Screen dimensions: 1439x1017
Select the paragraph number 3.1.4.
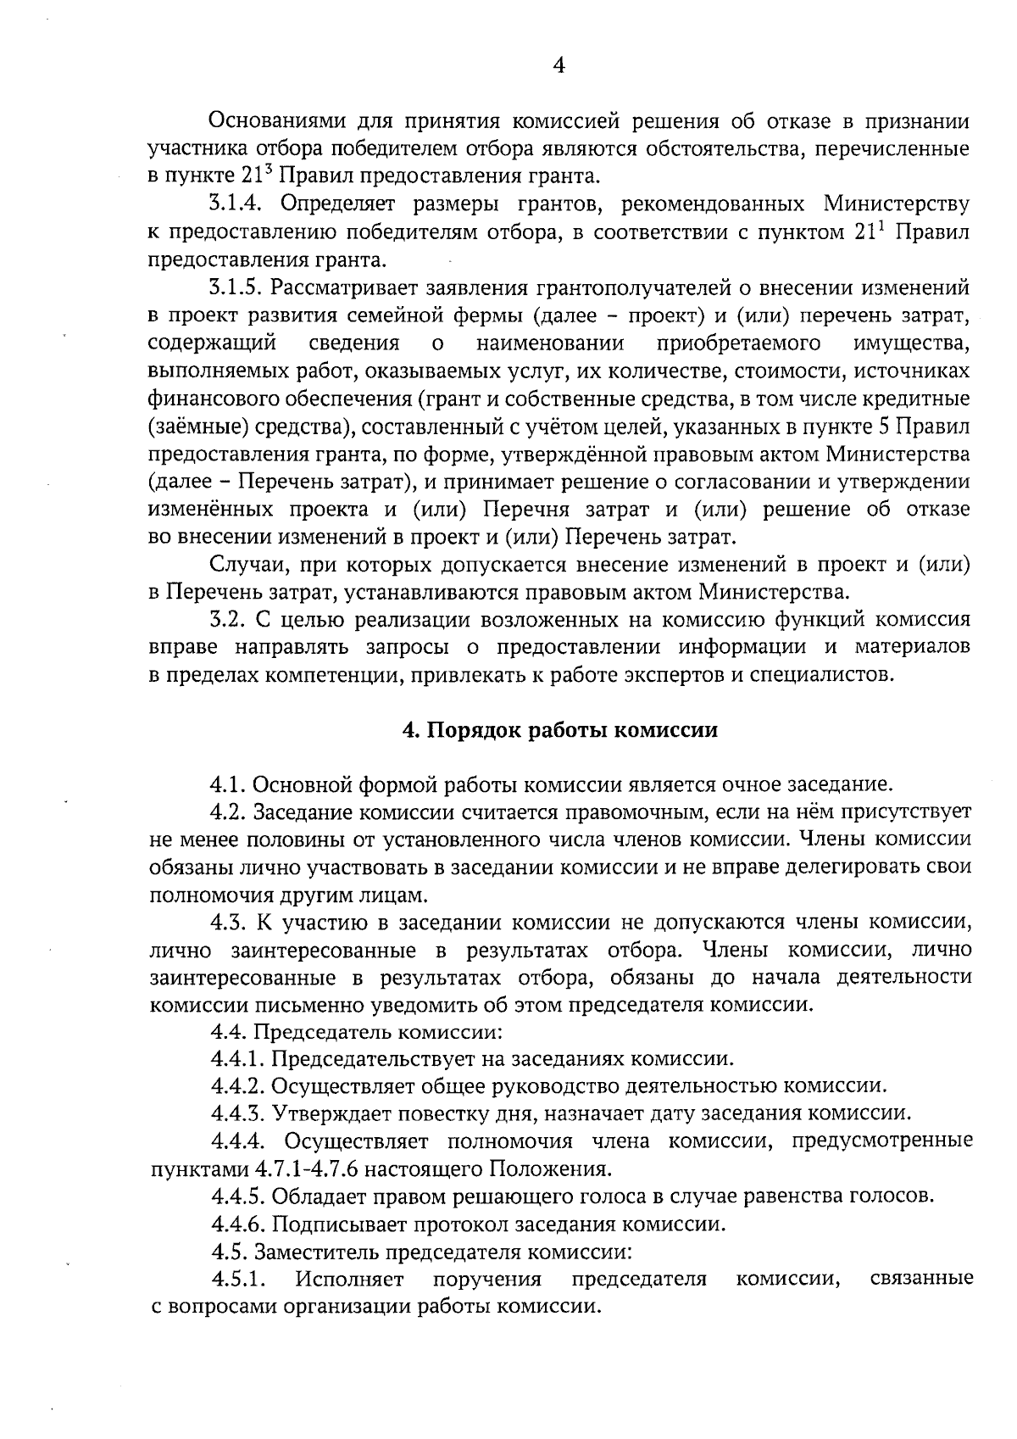pyautogui.click(x=238, y=204)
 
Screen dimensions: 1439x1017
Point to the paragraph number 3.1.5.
pyautogui.click(x=238, y=287)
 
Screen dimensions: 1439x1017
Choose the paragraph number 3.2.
pyautogui.click(x=228, y=620)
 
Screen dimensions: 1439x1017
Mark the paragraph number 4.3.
pyautogui.click(x=228, y=923)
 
